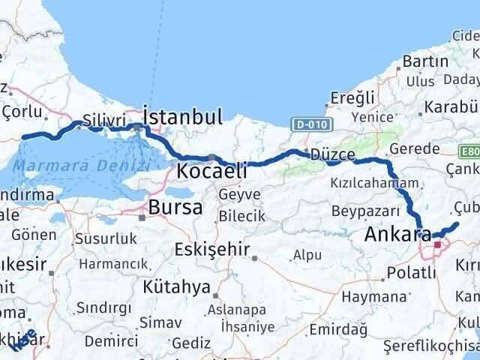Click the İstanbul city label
coord(182,117)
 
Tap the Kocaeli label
coord(211,172)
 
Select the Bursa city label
coord(175,207)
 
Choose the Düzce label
coord(332,154)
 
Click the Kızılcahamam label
coord(373,183)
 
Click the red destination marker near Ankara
coord(437,244)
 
